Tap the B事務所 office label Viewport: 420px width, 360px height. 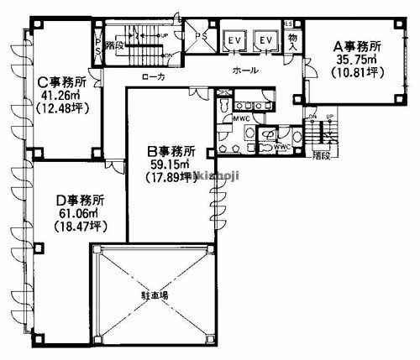click(171, 152)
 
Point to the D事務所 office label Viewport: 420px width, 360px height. click(79, 201)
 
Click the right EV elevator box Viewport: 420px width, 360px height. click(266, 40)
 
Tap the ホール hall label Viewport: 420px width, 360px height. click(246, 71)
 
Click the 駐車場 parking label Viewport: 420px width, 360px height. click(153, 295)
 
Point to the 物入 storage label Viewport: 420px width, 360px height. click(292, 39)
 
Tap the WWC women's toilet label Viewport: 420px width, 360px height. click(282, 148)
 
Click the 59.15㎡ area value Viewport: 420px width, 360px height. click(171, 164)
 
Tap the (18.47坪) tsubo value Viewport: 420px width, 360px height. click(78, 227)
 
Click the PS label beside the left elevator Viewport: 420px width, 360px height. click(201, 36)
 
